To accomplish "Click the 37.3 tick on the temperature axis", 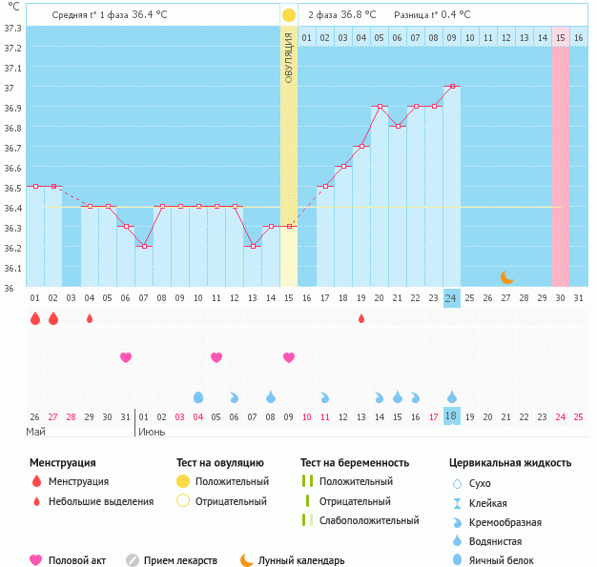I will (x=13, y=28).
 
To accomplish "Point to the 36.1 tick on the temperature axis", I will (x=13, y=268).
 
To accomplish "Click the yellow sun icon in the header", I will (x=289, y=15).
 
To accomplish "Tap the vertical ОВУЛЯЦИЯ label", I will (x=289, y=56).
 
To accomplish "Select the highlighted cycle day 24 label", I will (x=451, y=297).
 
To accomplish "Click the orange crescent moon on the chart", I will (x=506, y=276).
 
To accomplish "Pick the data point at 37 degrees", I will (x=451, y=87).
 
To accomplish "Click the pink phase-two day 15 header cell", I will (x=561, y=37).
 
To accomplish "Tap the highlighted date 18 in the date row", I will (x=451, y=416).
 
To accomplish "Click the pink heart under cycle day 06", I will (x=126, y=357).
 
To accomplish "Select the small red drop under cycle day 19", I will (x=360, y=318).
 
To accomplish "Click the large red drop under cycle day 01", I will (x=35, y=318).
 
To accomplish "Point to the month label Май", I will (x=34, y=432).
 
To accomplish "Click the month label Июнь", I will (x=151, y=432).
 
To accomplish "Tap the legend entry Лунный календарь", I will (x=301, y=560).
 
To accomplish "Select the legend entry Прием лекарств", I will (x=180, y=560).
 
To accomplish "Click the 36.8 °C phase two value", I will (x=358, y=15).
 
